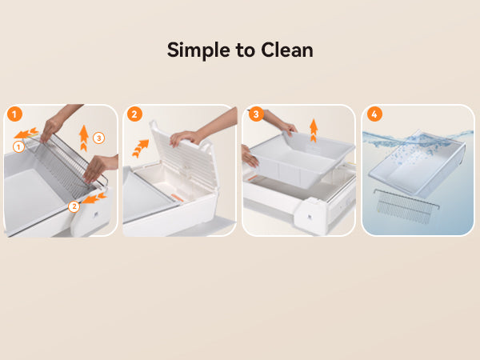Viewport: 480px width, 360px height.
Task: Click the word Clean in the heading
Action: [287, 50]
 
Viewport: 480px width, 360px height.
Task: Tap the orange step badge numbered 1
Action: [14, 114]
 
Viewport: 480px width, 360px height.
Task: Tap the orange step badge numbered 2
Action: [134, 114]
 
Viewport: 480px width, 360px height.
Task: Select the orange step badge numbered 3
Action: [256, 114]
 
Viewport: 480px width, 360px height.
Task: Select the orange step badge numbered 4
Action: [374, 114]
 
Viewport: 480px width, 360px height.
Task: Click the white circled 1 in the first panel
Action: [18, 147]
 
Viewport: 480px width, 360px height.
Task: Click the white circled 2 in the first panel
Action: [74, 206]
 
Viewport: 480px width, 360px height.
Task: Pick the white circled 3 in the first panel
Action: [98, 138]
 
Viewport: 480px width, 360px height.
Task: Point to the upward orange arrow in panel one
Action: [83, 138]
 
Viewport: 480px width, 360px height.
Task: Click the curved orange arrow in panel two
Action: [141, 148]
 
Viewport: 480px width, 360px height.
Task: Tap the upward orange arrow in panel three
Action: [314, 130]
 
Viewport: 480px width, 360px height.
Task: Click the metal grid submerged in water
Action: [406, 206]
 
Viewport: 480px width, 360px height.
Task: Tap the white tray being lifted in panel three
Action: [302, 159]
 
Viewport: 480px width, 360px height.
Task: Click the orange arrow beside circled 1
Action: [26, 133]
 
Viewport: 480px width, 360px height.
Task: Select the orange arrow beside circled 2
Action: [94, 198]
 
